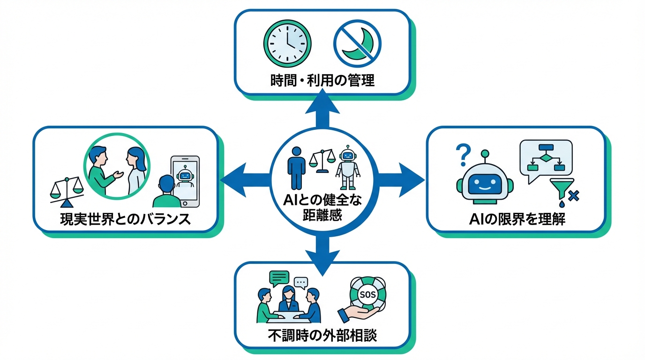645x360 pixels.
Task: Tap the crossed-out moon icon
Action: click(357, 43)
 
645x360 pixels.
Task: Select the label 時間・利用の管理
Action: click(322, 80)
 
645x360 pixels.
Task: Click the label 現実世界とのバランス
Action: click(126, 218)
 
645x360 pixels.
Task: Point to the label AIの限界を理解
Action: click(517, 218)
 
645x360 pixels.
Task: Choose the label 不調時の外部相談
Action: click(322, 336)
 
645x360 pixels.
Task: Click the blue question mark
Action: click(462, 154)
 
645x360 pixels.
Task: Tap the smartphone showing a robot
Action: click(185, 180)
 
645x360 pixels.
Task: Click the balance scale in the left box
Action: click(67, 192)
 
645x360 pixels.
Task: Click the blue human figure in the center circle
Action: click(297, 166)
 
